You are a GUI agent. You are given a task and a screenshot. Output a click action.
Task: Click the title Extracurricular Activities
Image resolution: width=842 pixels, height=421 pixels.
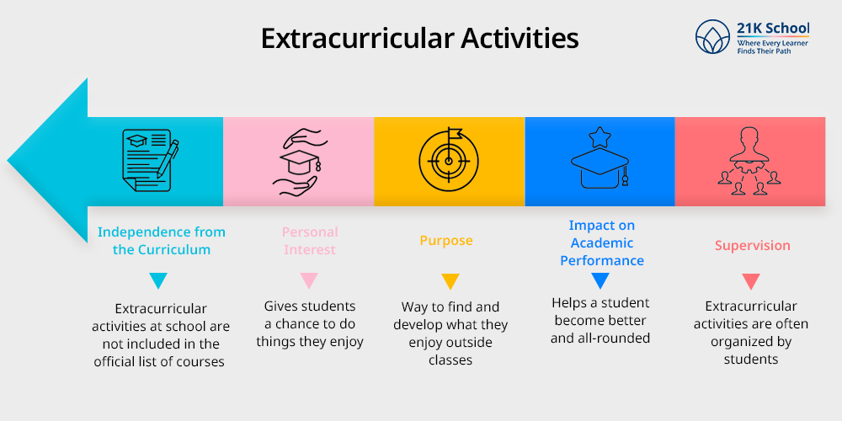(x=420, y=39)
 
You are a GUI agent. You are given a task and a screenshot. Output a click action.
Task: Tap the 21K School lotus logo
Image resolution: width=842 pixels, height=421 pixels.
(x=712, y=36)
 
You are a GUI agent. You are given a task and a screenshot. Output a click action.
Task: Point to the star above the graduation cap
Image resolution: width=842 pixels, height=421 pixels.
(x=600, y=137)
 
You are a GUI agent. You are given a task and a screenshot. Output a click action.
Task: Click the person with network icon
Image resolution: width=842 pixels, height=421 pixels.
(x=749, y=160)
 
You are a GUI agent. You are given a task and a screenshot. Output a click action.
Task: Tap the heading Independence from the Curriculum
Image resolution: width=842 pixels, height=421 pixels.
(x=161, y=241)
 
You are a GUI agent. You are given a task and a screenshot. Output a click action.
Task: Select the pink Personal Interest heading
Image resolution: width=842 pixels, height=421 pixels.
(x=310, y=241)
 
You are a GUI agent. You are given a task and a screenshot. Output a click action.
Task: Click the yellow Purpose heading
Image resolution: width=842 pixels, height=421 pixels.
(x=446, y=240)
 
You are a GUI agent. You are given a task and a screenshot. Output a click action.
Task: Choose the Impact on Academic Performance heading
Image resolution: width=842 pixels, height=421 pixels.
(x=601, y=242)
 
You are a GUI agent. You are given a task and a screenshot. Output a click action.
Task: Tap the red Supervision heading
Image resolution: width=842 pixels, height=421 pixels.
(x=752, y=245)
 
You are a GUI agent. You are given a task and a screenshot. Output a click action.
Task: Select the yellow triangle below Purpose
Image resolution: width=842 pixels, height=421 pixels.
(x=450, y=281)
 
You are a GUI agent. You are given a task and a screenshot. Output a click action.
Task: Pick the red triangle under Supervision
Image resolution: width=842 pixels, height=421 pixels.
(x=751, y=281)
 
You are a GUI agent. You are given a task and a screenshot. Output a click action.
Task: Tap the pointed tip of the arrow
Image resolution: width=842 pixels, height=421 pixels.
(x=8, y=161)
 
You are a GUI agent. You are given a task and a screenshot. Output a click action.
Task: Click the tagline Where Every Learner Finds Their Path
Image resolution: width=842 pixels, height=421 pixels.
(x=772, y=46)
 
